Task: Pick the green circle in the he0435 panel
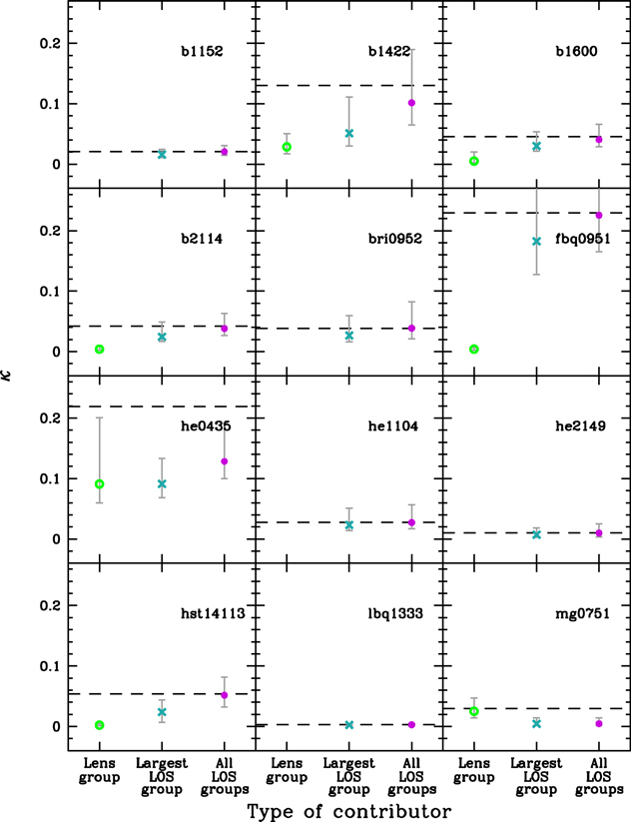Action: pos(100,484)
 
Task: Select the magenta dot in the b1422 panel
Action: pos(411,103)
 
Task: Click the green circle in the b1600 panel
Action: pos(474,160)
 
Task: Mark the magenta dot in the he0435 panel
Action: pos(225,461)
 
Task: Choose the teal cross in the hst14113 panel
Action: pos(162,712)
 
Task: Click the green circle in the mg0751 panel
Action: pos(474,711)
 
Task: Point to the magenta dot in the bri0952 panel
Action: pos(411,328)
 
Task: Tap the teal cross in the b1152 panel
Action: pos(162,154)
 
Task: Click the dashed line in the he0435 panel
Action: pos(160,407)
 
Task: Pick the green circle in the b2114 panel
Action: pos(100,349)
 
